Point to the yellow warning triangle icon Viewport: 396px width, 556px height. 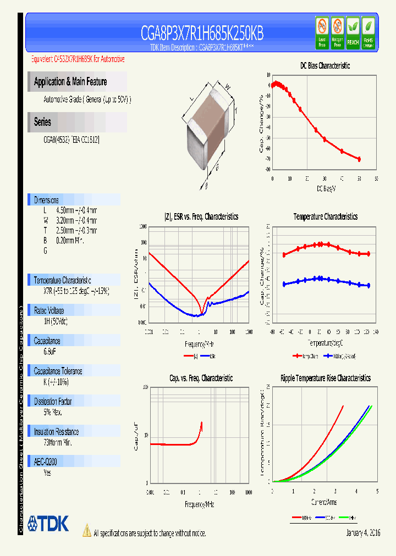click(86, 531)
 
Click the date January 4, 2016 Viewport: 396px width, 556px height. click(363, 533)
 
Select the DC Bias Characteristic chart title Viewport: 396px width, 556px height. click(324, 65)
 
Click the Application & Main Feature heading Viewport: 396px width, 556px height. click(70, 82)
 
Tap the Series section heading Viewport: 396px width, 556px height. click(42, 122)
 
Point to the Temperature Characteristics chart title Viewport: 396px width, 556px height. click(325, 216)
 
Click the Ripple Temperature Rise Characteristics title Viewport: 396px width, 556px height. click(325, 378)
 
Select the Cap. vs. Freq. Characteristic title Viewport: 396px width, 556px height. click(201, 378)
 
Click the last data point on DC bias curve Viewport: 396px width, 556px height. click(359, 159)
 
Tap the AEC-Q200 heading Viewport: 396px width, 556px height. click(46, 463)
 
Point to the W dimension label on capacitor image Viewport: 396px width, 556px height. click(227, 85)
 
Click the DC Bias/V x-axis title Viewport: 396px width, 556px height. click(326, 188)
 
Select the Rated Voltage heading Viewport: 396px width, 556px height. click(49, 310)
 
